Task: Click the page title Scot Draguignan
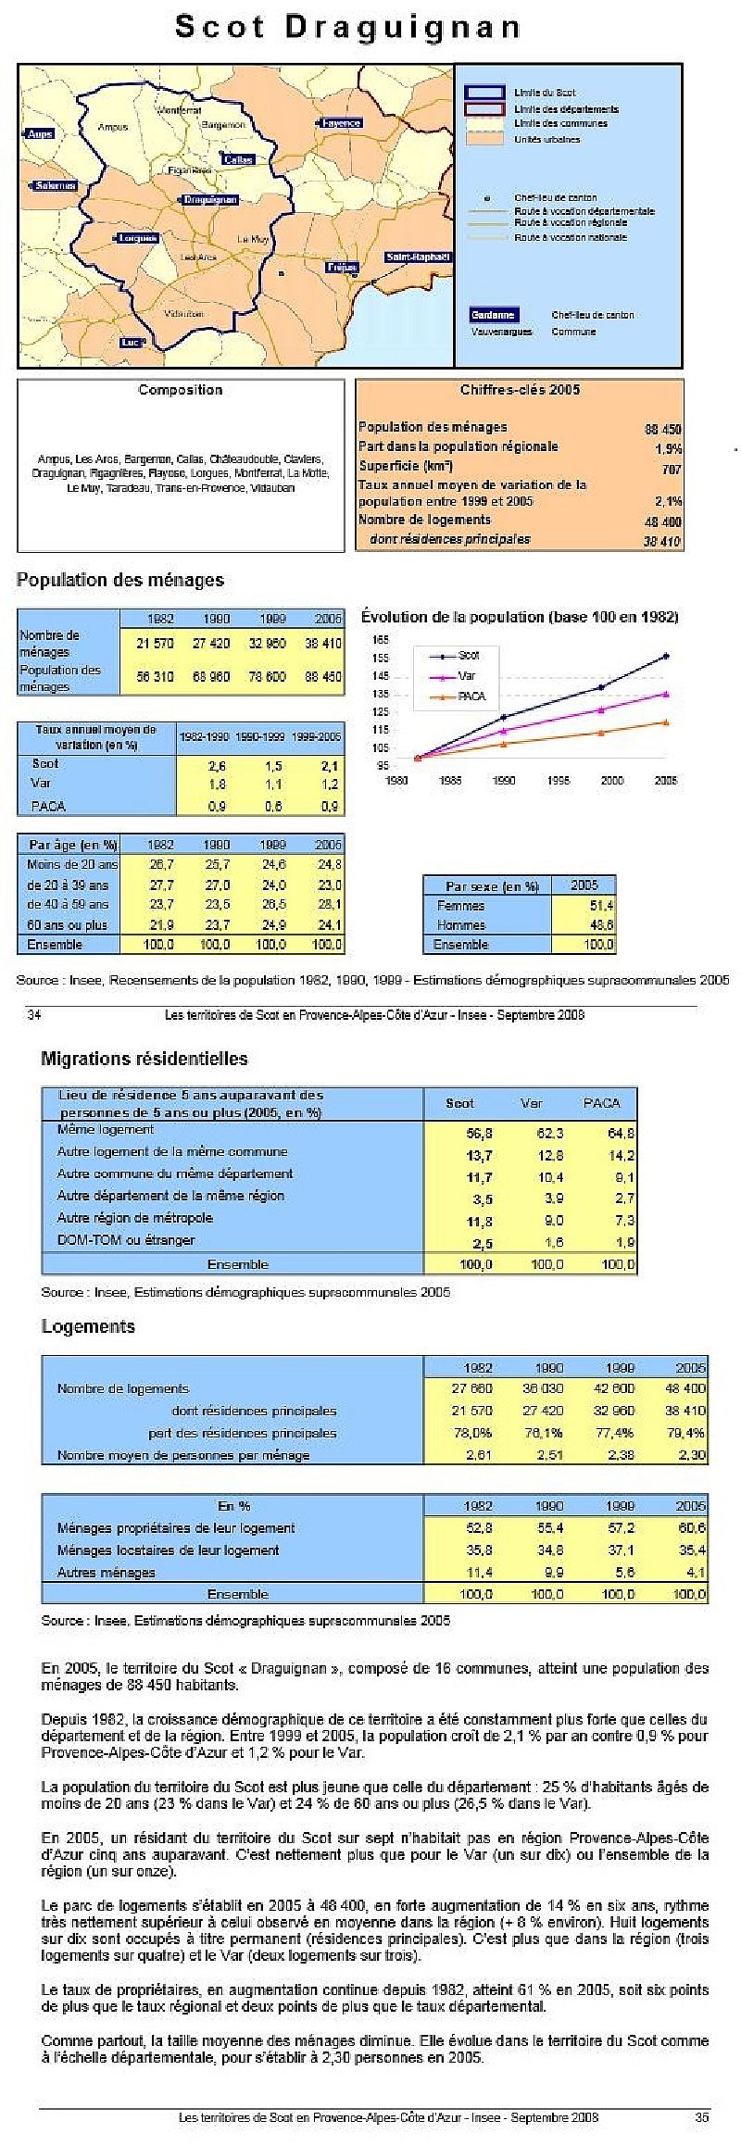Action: pos(348,28)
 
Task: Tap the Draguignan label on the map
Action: pos(210,199)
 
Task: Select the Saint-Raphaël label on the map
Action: pos(419,256)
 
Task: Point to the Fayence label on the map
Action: pos(342,123)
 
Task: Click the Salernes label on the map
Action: pos(55,185)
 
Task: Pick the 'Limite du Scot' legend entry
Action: pos(546,93)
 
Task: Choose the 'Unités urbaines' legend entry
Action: pos(547,140)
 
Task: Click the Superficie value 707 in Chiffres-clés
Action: pos(671,470)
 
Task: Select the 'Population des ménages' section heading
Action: pos(120,581)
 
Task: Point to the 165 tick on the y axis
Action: pos(381,639)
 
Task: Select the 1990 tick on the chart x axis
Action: pos(504,781)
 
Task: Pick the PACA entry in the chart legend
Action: pos(471,696)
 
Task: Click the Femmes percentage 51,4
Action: pos(601,906)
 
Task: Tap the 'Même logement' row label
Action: pos(106,1130)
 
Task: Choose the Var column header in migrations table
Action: pos(531,1103)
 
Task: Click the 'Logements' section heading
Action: pos(88,1326)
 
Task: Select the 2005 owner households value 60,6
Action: pos(691,1528)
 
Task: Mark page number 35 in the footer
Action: pos(702,2117)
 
